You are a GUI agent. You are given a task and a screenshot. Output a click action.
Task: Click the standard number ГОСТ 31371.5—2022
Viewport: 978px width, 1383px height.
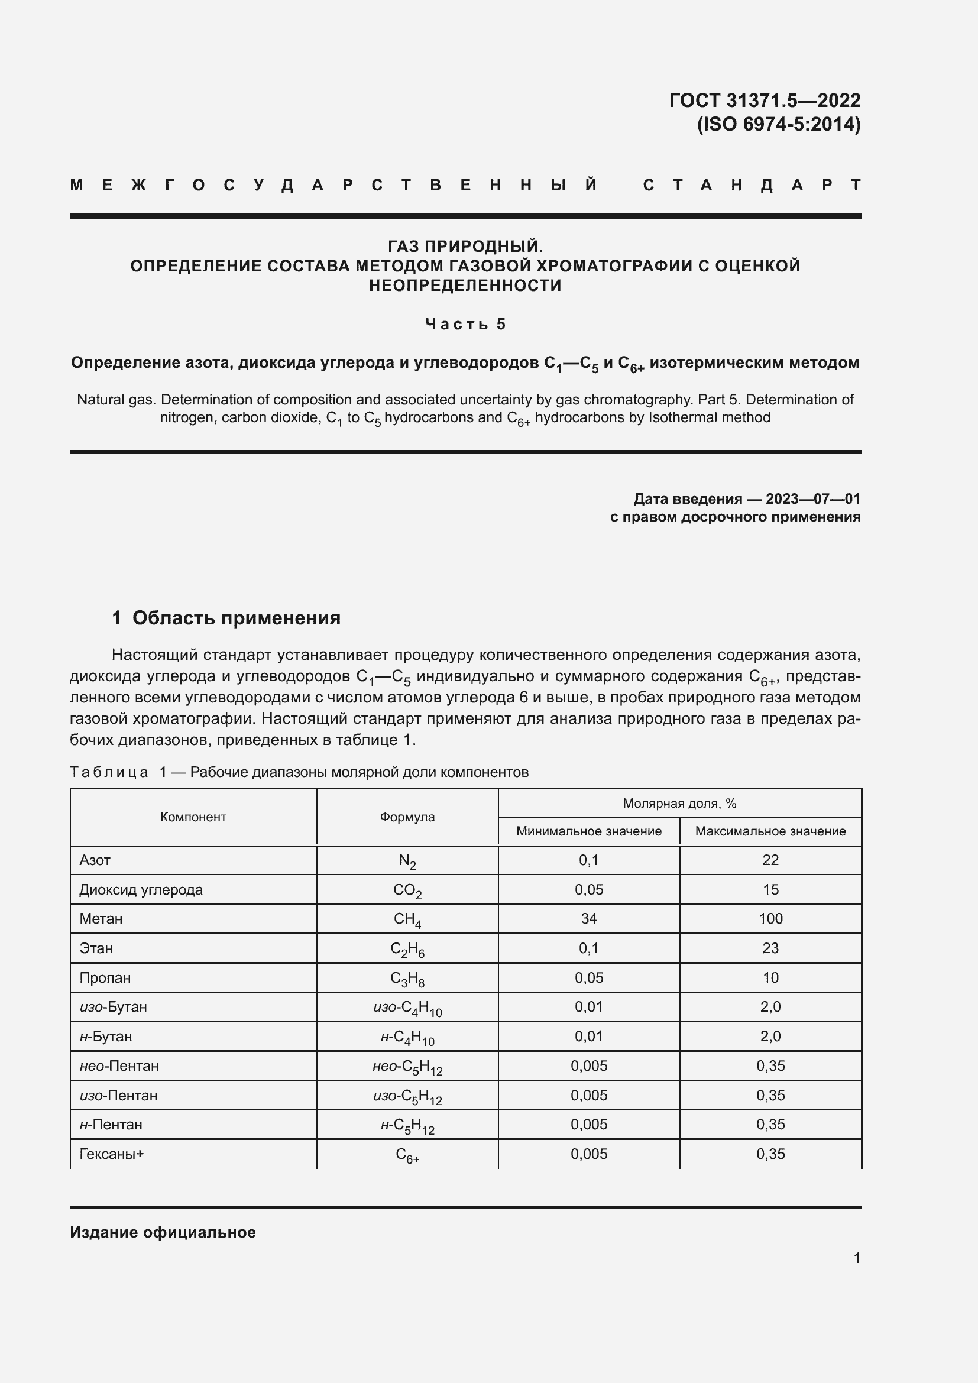764,100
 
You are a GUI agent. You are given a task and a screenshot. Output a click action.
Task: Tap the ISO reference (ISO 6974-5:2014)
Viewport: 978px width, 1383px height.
778,124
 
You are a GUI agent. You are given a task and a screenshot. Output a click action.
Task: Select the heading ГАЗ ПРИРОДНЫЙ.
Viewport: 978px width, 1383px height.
465,246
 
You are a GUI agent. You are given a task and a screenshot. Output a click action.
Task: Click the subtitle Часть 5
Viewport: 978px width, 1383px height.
465,324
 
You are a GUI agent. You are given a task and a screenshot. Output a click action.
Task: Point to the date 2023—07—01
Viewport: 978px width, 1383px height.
812,499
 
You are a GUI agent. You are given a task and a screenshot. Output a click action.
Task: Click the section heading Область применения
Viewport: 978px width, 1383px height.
236,618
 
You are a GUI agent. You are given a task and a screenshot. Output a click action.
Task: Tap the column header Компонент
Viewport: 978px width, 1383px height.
193,817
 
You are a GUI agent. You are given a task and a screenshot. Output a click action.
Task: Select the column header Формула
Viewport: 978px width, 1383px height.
407,817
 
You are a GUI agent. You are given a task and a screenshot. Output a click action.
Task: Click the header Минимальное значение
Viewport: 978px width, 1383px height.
588,831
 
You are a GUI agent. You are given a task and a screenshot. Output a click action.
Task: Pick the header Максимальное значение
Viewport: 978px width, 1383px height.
770,831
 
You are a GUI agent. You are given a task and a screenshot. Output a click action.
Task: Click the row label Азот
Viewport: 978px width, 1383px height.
95,860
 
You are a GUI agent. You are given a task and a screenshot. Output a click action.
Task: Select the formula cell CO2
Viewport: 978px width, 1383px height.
407,890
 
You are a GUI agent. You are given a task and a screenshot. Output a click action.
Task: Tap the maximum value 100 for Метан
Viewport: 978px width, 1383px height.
770,919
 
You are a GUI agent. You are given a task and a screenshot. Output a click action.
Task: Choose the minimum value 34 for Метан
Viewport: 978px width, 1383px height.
588,919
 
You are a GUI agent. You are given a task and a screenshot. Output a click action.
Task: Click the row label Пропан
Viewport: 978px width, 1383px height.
105,977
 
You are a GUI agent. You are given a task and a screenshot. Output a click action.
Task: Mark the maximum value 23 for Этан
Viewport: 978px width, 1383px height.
770,948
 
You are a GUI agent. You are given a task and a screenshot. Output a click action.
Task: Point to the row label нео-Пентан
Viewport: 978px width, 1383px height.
119,1065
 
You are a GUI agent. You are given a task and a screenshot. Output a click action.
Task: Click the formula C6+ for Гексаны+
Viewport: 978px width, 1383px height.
407,1155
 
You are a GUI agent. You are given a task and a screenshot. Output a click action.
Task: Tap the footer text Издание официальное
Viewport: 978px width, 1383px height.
163,1232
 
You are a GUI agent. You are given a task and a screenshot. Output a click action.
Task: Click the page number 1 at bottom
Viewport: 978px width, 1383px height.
856,1258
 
